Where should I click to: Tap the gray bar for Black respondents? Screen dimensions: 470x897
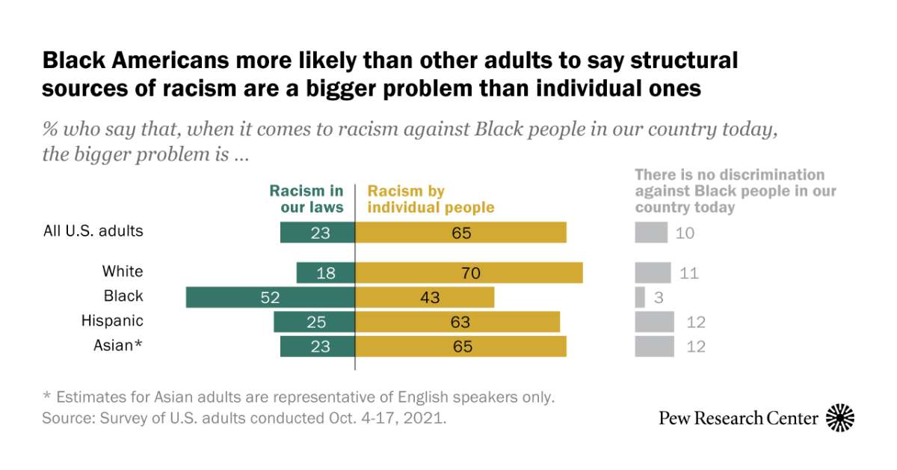(x=640, y=297)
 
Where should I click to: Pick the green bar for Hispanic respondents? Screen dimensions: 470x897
(x=314, y=322)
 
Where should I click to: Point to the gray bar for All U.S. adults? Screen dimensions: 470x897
(x=650, y=233)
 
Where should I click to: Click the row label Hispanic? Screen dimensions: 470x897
(x=112, y=321)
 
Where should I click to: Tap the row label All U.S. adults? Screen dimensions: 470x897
(x=93, y=231)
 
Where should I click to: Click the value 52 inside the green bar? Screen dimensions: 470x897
(x=270, y=297)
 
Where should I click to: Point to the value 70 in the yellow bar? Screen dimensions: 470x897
(x=470, y=273)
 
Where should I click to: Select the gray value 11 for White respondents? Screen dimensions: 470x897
(x=688, y=273)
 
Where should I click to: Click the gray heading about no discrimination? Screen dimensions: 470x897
(x=735, y=191)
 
